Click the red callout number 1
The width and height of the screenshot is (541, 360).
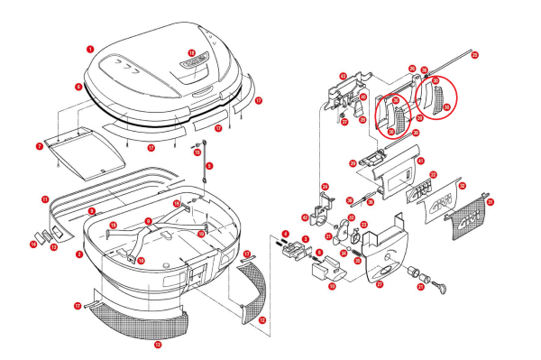pyautogui.click(x=90, y=47)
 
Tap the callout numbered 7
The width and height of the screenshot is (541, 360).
pyautogui.click(x=40, y=144)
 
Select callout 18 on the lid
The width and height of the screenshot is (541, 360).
pyautogui.click(x=191, y=53)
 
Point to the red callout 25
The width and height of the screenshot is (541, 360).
pyautogui.click(x=475, y=55)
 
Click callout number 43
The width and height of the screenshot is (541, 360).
pyautogui.click(x=343, y=77)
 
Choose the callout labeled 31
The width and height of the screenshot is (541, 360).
pyautogui.click(x=491, y=202)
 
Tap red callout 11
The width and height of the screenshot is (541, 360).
pyautogui.click(x=44, y=198)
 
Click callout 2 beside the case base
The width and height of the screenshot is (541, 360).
pyautogui.click(x=79, y=254)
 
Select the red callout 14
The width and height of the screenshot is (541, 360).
pyautogui.click(x=32, y=244)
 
